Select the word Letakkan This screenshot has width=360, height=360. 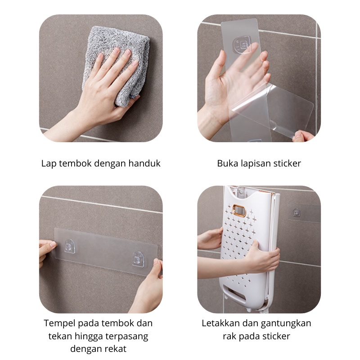[220, 323]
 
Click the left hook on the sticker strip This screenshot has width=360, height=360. [69, 246]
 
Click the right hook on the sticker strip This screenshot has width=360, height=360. [137, 258]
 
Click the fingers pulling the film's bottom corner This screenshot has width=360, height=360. [300, 136]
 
